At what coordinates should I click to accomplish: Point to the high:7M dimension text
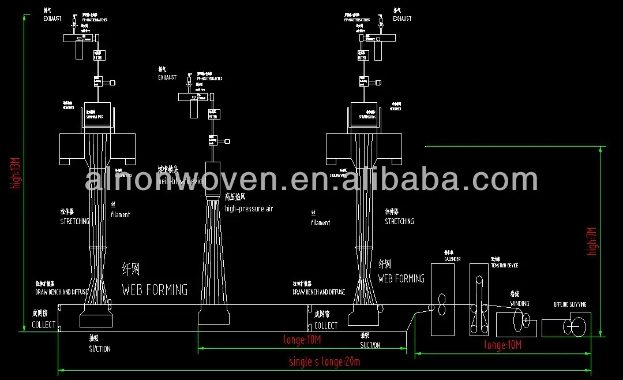coord(591,241)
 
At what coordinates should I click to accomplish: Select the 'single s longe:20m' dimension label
coord(324,362)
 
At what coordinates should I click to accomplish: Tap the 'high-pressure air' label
coord(249,209)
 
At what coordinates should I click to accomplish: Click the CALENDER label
coord(452,259)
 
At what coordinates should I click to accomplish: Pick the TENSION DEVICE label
coord(504,266)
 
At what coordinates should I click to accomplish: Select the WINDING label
coord(519,304)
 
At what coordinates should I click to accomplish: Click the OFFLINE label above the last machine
coord(570,304)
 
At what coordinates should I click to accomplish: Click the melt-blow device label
coord(181,181)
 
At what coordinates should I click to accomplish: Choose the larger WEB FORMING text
coord(155,289)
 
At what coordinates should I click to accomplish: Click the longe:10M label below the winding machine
coord(503,345)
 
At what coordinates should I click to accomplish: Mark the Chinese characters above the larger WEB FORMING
coord(131,269)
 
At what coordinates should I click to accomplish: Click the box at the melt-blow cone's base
coord(214,315)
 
